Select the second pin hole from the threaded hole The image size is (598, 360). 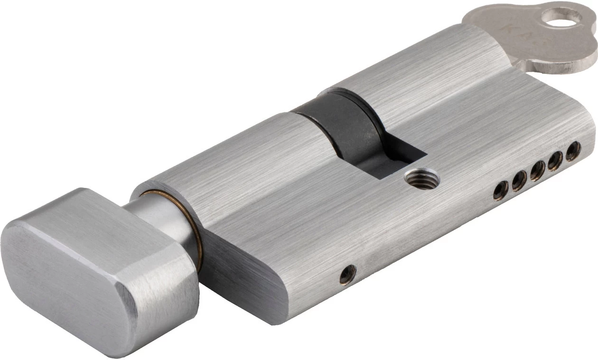[x=519, y=180]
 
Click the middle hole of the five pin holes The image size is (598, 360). [x=537, y=171]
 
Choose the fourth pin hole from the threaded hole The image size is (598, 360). [x=555, y=160]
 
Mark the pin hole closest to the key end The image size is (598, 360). [x=573, y=151]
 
